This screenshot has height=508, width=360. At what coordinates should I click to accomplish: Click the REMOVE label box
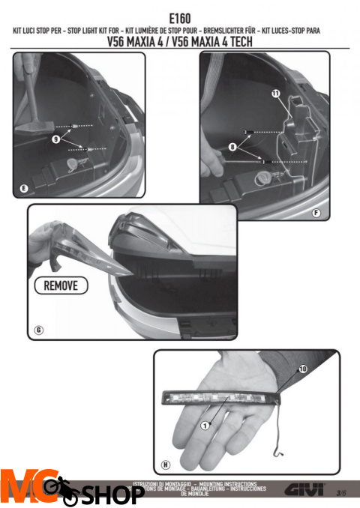[x=61, y=285]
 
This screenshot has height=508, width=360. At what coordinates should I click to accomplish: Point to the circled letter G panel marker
[x=39, y=330]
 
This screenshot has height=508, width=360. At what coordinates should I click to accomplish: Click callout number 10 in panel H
[x=302, y=369]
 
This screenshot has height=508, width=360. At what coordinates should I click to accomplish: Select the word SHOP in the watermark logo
[x=112, y=495]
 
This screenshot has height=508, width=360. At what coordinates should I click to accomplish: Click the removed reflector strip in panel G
[x=75, y=247]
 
